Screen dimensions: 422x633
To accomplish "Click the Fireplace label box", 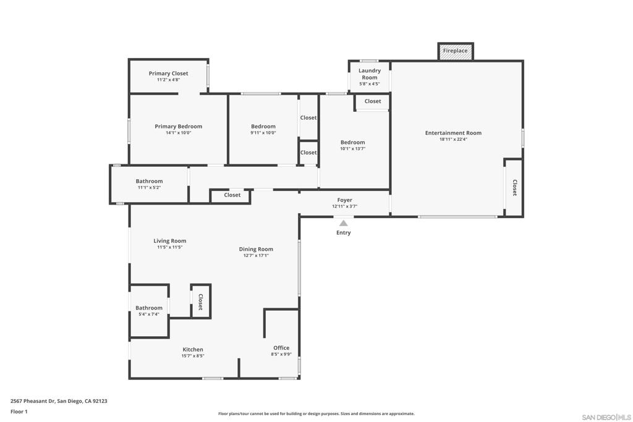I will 456,51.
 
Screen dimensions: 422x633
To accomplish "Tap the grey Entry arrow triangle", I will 343,223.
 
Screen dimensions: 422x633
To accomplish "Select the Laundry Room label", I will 370,74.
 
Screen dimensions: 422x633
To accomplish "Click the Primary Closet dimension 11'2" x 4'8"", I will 168,80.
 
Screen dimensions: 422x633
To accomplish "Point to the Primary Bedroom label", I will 178,126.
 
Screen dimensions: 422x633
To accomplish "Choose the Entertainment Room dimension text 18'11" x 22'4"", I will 452,140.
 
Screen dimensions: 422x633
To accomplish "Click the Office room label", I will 281,348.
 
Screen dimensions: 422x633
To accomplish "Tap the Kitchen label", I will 192,350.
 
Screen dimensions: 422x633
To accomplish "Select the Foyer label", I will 344,200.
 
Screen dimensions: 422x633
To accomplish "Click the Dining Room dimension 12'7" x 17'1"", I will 256,255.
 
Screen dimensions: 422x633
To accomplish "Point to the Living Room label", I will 170,241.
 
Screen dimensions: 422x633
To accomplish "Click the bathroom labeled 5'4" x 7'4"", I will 149,311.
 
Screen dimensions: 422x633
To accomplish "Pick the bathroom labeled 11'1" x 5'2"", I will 149,184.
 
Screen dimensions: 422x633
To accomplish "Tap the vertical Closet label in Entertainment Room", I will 514,188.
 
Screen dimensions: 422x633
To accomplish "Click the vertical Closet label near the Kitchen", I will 200,301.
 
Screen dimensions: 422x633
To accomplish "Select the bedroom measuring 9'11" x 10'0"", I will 263,129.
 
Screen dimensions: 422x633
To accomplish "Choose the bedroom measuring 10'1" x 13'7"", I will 352,145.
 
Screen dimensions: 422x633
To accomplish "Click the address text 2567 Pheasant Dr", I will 59,401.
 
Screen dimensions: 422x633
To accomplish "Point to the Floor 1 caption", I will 19,411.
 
